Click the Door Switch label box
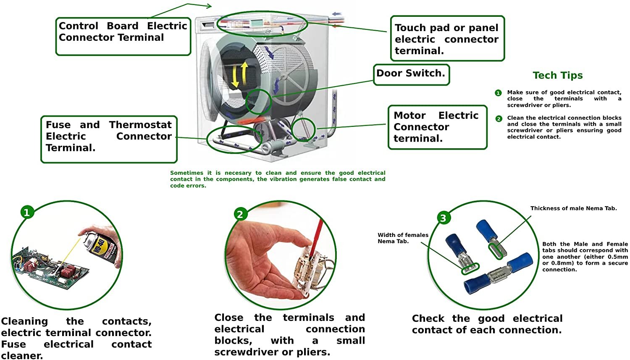coord(411,74)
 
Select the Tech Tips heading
coord(557,76)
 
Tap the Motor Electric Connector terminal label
coord(437,127)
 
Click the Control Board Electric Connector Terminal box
coord(123,36)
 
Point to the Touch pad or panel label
coord(446,39)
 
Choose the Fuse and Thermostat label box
coord(109,139)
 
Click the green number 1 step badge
coord(27,212)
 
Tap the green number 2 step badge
coord(240,214)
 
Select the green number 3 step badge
coord(443,218)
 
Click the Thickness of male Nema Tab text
coord(573,208)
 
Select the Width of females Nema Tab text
coord(402,238)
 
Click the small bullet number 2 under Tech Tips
coord(499,119)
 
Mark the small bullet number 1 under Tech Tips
coord(498,93)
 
